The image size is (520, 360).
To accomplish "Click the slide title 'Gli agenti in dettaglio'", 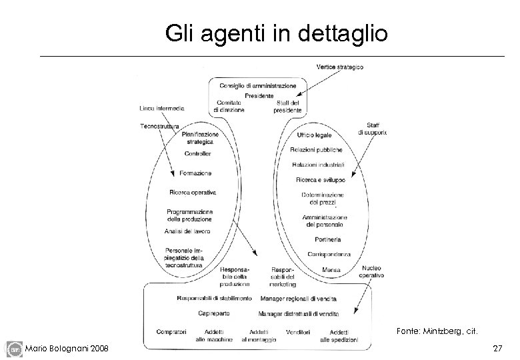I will tap(276, 33).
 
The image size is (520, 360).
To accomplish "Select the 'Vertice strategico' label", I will tap(341, 67).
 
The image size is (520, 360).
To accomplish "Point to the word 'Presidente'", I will tap(258, 95).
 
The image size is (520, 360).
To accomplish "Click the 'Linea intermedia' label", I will tap(162, 108).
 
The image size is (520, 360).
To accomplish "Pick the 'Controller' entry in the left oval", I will tap(197, 154).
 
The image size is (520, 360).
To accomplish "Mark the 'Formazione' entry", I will tap(195, 173).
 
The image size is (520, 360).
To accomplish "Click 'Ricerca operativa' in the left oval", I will tap(193, 193).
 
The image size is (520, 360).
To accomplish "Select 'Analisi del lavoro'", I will tap(187, 231).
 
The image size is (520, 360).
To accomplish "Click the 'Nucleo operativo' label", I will tap(371, 271).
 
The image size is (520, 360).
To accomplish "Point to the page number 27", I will tap(497, 349).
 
